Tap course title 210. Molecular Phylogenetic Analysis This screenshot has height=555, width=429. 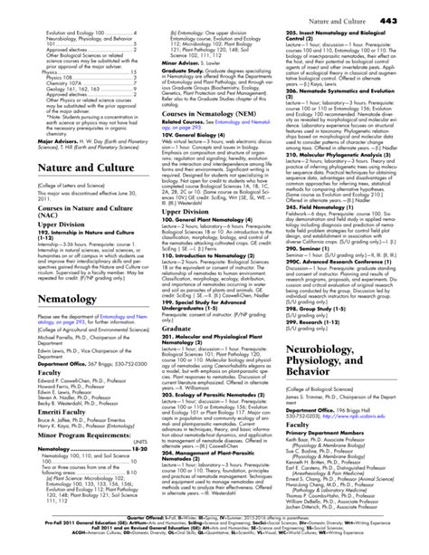(334, 182)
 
